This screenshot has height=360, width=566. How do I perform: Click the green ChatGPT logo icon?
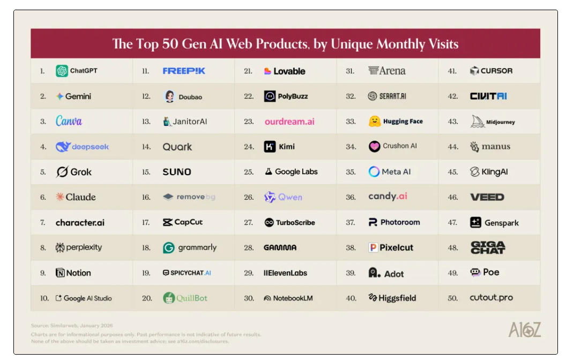[62, 71]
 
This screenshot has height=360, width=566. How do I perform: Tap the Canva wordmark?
[69, 121]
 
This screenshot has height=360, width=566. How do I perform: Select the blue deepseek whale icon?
[63, 147]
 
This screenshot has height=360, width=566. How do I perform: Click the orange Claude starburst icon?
[60, 197]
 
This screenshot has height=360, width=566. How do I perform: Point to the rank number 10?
[44, 298]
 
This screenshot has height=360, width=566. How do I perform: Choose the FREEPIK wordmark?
[184, 71]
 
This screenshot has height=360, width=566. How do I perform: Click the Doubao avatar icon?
[169, 96]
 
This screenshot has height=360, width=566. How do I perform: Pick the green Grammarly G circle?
[169, 247]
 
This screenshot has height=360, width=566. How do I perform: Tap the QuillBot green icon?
[169, 298]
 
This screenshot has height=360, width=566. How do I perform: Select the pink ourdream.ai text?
[289, 122]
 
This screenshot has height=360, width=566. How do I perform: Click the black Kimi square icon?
[270, 147]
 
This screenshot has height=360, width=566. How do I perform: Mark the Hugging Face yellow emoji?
[375, 122]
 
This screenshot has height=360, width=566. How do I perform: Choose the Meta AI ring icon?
[374, 172]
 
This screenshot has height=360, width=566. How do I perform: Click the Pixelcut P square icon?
[374, 247]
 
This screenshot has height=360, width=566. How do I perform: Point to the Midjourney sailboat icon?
[478, 122]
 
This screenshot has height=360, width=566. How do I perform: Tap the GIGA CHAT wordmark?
[488, 247]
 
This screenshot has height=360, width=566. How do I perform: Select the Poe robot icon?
[475, 273]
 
